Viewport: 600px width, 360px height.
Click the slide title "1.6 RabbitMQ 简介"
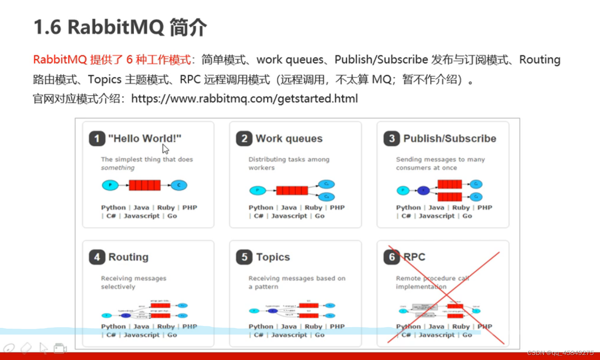[120, 27]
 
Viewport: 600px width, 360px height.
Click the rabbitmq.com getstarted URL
[244, 99]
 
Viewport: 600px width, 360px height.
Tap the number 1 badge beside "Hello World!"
[97, 139]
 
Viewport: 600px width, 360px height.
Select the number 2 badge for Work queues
[244, 139]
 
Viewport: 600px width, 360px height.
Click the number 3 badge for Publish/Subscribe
[391, 139]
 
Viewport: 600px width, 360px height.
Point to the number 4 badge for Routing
[97, 257]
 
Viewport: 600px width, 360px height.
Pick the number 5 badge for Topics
[244, 257]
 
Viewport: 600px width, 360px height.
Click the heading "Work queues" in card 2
[289, 139]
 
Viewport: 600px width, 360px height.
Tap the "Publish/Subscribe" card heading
[450, 139]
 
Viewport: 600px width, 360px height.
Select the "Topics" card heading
[273, 257]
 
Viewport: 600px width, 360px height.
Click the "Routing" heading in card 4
[128, 257]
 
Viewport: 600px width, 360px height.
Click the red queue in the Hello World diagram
[145, 185]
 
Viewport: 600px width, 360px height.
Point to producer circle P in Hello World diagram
[110, 185]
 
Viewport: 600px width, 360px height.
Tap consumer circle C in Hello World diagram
[179, 185]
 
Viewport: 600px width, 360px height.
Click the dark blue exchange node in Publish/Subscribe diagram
[423, 191]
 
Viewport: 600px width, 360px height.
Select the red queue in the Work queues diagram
[292, 191]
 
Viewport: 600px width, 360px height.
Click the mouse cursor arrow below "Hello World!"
[165, 149]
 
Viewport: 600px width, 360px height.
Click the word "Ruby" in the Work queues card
[313, 207]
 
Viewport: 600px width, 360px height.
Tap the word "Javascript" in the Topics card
[289, 335]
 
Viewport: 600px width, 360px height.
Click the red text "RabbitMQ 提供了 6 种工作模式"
[112, 60]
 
